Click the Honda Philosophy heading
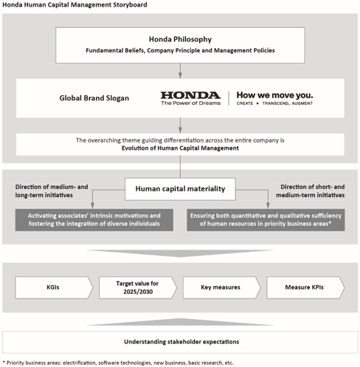180,39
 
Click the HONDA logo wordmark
190,95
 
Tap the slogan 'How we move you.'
274,95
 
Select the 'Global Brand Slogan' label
94,98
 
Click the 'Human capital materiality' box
180,189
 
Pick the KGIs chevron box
54,287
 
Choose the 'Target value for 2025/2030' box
138,287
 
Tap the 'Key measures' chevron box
221,287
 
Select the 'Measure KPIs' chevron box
305,287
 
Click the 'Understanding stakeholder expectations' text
181,342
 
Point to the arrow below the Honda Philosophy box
180,71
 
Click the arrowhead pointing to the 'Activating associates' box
92,205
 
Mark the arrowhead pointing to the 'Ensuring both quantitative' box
268,205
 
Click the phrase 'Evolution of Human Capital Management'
180,148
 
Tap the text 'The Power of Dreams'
191,103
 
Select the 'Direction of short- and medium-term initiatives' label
311,191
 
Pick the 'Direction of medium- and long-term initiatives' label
52,191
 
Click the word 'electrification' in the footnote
79,363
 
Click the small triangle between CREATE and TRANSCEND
257,103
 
